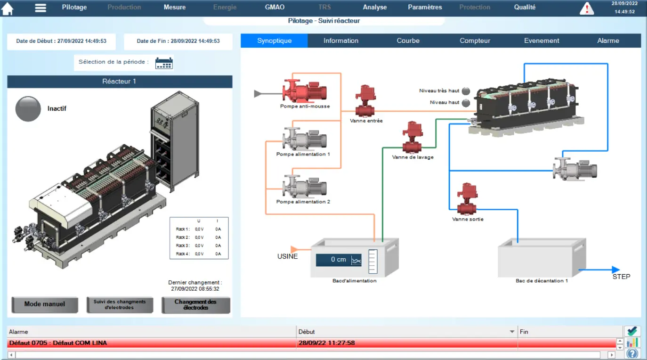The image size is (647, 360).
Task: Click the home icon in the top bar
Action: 7,8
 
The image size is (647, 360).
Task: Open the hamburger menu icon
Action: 40,8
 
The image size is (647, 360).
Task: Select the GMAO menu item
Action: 275,7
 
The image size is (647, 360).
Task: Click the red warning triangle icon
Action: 587,8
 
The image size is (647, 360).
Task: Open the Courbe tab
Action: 408,41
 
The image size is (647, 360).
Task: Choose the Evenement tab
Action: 542,41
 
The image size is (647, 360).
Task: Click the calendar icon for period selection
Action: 164,63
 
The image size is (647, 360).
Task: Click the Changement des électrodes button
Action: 195,305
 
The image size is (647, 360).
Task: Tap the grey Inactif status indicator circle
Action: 28,109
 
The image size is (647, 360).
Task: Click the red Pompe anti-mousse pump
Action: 305,91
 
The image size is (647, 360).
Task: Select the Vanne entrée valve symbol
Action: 365,101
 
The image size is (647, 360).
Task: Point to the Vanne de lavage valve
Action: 412,137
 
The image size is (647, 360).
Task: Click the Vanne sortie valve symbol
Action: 467,199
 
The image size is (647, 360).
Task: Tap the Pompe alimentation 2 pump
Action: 305,187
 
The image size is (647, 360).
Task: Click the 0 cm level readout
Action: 339,260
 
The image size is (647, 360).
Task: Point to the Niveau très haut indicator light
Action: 466,91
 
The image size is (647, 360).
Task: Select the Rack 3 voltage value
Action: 199,245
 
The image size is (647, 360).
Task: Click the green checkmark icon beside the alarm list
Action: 632,331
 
